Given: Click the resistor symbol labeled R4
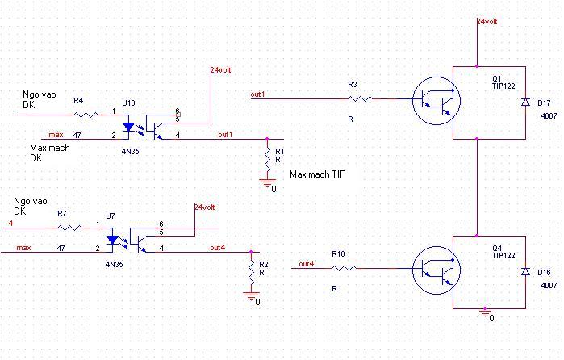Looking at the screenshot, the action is point(86,115).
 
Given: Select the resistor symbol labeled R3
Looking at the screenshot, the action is point(360,98).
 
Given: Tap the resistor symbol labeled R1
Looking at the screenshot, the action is point(267,160).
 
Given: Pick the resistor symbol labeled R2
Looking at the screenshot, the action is point(251,273).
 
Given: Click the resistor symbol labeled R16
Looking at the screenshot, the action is point(344,268).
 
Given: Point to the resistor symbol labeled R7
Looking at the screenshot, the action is point(69,228).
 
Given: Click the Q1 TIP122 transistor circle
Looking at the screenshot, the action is point(437,101).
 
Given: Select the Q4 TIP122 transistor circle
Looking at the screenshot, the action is point(437,270).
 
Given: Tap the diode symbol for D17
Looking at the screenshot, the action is point(525,103).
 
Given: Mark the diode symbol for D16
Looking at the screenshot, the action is point(525,272).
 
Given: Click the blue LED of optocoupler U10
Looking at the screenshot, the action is point(128,127).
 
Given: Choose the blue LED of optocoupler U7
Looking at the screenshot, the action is point(113,240).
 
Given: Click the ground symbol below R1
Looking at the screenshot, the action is point(267,183).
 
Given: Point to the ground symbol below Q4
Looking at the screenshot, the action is point(485,313).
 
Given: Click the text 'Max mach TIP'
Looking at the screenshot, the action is point(318,174).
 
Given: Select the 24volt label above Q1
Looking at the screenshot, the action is point(487,22).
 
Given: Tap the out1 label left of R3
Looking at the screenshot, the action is point(257,94).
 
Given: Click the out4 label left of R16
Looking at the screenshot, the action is point(306,264).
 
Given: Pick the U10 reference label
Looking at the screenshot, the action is point(128,103).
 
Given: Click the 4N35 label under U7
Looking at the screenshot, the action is point(114,264).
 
